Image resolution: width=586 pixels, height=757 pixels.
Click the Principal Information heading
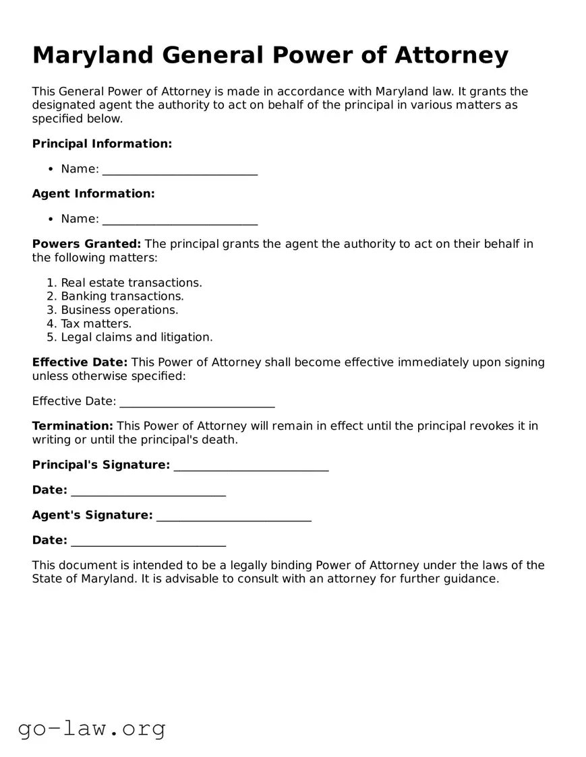click(102, 143)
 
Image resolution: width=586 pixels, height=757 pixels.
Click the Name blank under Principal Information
click(179, 170)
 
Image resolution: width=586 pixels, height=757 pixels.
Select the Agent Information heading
click(93, 194)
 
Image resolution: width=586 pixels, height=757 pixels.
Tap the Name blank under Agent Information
click(179, 220)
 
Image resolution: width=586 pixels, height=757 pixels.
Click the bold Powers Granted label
click(86, 244)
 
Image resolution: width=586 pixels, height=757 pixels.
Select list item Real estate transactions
click(131, 283)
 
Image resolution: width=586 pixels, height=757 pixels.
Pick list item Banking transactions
click(122, 296)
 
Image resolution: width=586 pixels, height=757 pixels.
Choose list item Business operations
click(119, 310)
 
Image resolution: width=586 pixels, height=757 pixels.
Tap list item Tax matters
click(96, 324)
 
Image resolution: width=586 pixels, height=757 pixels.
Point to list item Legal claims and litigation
click(136, 337)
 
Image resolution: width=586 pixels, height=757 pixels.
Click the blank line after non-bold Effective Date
click(197, 402)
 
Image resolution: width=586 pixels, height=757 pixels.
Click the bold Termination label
click(72, 426)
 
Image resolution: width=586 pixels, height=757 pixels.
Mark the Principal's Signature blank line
click(251, 466)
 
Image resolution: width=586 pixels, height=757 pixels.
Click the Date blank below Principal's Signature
click(148, 491)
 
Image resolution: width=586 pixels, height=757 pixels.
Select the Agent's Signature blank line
click(233, 516)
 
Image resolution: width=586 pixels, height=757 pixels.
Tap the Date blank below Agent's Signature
click(148, 541)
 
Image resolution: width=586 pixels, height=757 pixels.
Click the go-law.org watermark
click(92, 728)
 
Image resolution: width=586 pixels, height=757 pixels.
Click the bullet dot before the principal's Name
click(51, 169)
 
